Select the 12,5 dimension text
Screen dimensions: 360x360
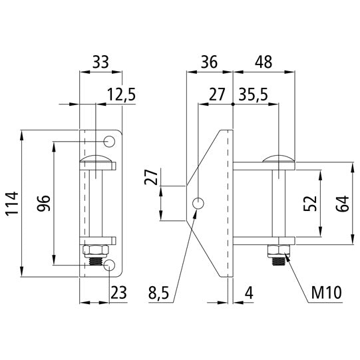120,95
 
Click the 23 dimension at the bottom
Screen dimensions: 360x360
119,291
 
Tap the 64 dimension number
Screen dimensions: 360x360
343,203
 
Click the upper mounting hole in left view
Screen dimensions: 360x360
110,141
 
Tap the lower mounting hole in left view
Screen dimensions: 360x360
110,266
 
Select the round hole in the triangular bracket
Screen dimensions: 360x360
199,204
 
